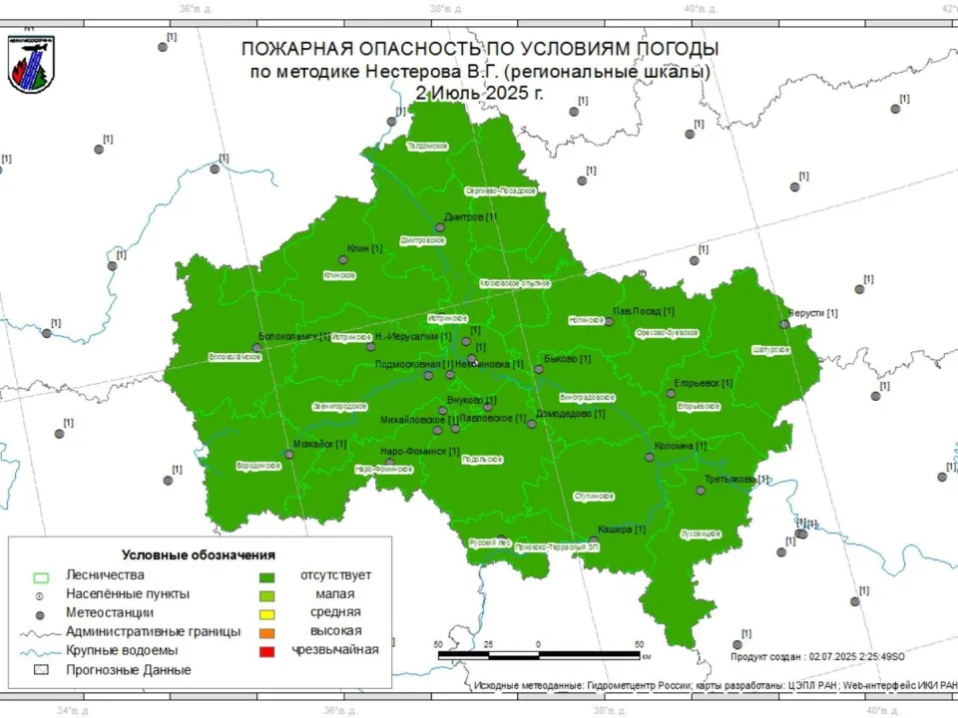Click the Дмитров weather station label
click(x=470, y=216)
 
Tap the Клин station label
click(x=364, y=248)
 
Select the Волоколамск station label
click(x=293, y=337)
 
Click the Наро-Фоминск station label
click(x=419, y=452)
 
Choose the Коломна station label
click(x=681, y=446)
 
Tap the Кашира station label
click(x=622, y=530)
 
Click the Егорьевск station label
click(x=703, y=383)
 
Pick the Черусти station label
click(x=812, y=313)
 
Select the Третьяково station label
click(x=737, y=480)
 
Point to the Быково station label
click(x=567, y=359)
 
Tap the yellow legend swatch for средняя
click(x=265, y=612)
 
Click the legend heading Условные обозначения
click(x=199, y=554)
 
